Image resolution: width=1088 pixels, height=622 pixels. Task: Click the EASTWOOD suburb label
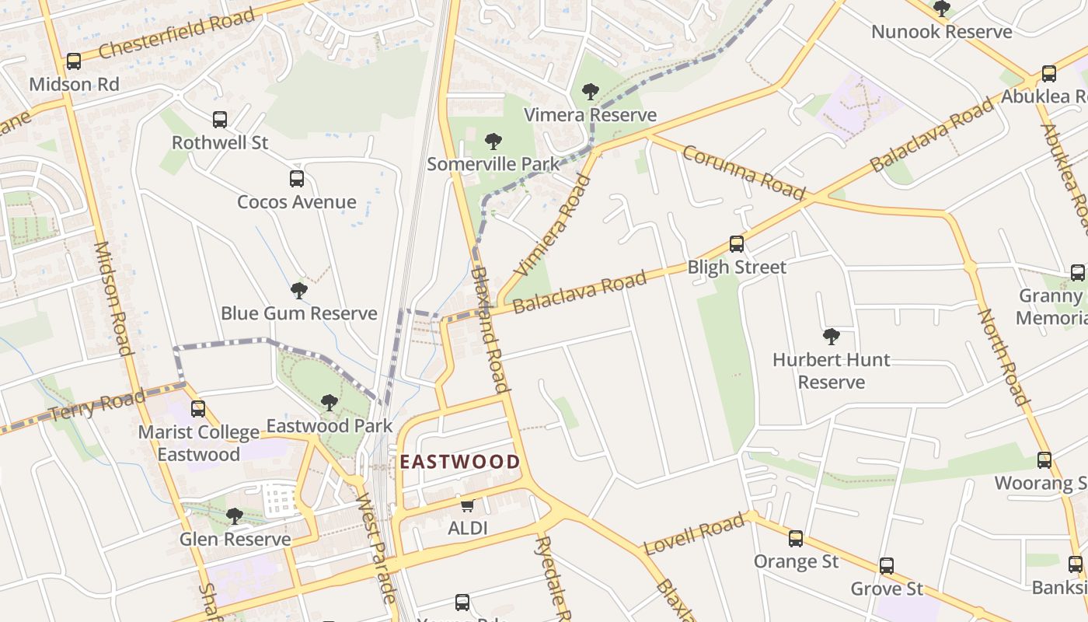pos(459,462)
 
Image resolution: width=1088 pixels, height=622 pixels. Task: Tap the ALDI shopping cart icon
pos(467,505)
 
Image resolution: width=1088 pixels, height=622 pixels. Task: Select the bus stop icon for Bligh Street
pos(736,243)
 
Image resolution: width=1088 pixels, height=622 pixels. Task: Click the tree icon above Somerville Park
pos(493,142)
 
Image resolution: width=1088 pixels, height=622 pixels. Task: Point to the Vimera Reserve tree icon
pos(591,92)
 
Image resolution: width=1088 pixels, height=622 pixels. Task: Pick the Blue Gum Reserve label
pos(298,313)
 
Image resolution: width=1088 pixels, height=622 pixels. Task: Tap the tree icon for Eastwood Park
pos(330,402)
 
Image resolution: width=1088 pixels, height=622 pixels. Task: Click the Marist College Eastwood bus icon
pos(198,408)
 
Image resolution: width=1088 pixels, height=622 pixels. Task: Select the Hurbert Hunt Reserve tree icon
pos(831,337)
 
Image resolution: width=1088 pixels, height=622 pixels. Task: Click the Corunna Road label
pos(743,172)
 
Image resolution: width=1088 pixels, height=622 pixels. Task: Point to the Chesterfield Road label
pos(176,35)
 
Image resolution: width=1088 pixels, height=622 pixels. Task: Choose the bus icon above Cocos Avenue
pos(297,179)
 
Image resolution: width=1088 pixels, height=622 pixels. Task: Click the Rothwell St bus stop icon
pos(220,120)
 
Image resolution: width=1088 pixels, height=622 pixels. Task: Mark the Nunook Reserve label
pos(941,32)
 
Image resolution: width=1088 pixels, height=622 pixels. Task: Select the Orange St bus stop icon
pos(796,538)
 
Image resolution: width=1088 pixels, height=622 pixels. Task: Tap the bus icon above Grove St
pos(886,565)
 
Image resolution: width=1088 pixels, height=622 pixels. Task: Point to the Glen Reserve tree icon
pos(235,515)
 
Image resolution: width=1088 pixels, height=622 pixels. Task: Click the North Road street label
pos(1003,357)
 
